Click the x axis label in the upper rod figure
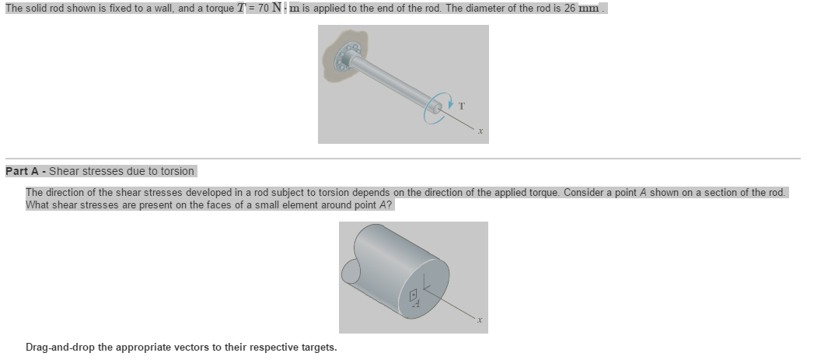[482, 131]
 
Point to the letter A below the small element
[416, 305]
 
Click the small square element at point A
[415, 294]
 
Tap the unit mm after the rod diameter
[588, 7]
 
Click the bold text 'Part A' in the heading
[22, 171]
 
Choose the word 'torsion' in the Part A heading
[176, 171]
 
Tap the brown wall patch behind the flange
[330, 74]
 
